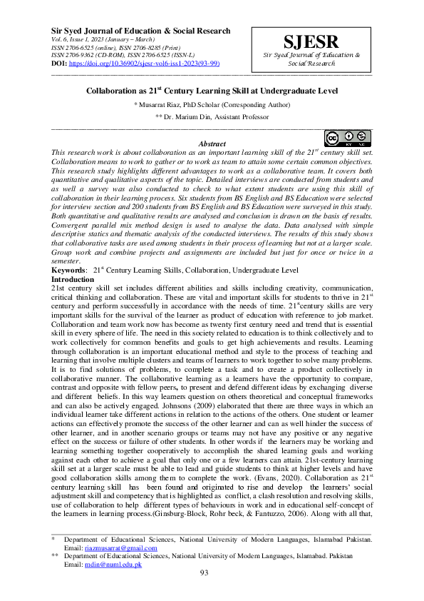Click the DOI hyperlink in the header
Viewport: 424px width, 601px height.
[146, 64]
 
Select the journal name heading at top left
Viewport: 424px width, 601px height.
[140, 31]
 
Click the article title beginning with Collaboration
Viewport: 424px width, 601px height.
[212, 91]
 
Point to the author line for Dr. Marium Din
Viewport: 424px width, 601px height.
[212, 116]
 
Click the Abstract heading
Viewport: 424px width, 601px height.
[212, 144]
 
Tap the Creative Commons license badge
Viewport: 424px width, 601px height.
[349, 138]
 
